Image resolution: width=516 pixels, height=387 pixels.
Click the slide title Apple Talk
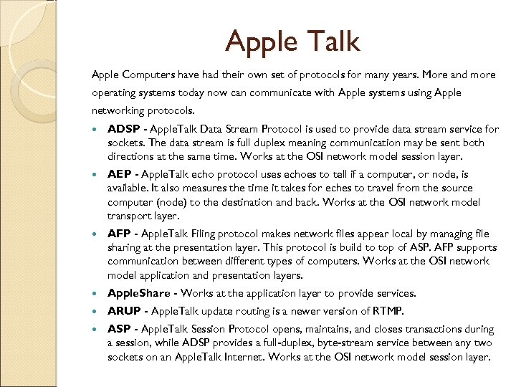pyautogui.click(x=292, y=42)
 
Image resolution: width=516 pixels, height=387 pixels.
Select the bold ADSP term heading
pyautogui.click(x=123, y=130)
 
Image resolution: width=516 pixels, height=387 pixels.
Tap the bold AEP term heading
pyautogui.click(x=120, y=175)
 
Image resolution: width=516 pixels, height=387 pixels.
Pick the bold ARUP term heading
pyautogui.click(x=123, y=311)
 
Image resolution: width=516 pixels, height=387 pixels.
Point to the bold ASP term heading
pyautogui.click(x=119, y=330)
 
